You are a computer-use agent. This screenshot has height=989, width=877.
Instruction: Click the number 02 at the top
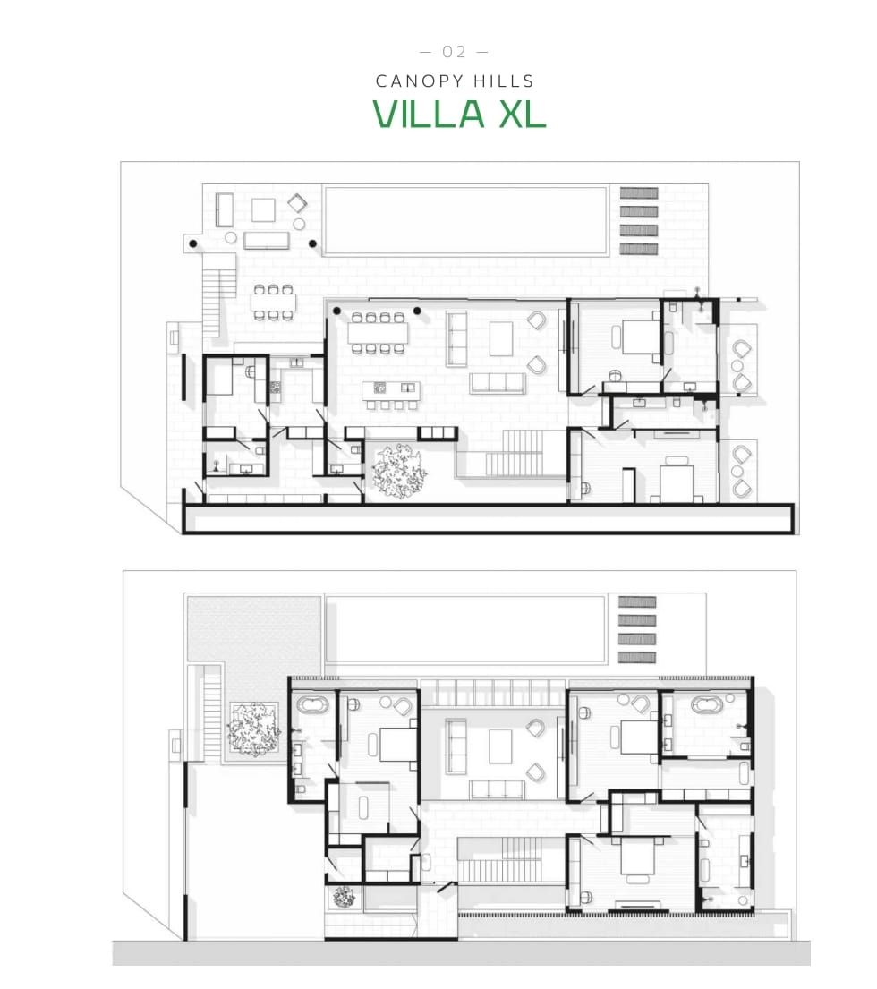(455, 51)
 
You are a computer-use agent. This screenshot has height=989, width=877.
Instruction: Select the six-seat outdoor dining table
(273, 303)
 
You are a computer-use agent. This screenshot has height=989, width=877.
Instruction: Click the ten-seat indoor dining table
(378, 333)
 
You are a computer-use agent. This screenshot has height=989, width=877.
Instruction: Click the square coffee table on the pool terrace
(263, 209)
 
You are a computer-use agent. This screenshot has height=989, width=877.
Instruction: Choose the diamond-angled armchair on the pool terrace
(298, 203)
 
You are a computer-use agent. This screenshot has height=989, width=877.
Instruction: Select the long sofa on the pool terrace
(267, 240)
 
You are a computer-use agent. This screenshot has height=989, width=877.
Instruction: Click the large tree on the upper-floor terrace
(251, 727)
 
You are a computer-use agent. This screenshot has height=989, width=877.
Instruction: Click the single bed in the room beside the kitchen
(222, 381)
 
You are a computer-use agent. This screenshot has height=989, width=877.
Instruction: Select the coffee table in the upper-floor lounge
(499, 746)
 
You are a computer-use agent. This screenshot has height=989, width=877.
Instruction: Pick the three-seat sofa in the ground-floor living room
(498, 383)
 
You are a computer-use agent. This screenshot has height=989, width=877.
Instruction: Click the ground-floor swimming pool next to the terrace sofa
(463, 220)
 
